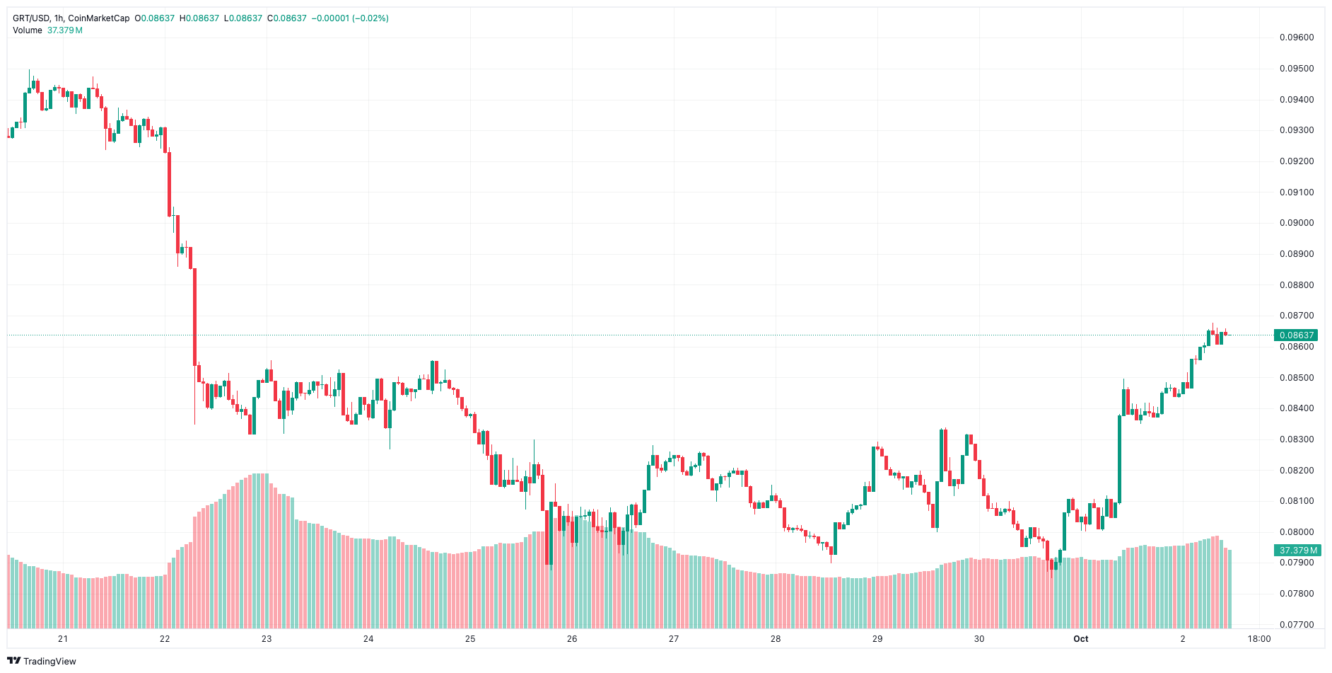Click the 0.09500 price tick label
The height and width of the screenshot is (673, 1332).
click(x=1296, y=69)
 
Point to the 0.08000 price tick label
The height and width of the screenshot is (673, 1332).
click(x=1296, y=532)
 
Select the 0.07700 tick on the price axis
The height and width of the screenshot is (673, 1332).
click(x=1296, y=625)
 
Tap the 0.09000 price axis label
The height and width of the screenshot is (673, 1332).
click(x=1296, y=223)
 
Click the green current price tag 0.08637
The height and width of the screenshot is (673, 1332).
click(x=1296, y=335)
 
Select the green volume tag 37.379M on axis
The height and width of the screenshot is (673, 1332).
click(x=1298, y=550)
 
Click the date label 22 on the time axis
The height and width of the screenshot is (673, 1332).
click(x=165, y=639)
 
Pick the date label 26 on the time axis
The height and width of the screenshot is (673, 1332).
click(x=572, y=639)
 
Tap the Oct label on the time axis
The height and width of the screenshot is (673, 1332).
click(x=1080, y=639)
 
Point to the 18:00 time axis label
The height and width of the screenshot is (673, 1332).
click(x=1258, y=639)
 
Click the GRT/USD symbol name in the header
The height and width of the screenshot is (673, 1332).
click(x=30, y=18)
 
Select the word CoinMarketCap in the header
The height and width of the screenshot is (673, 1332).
click(x=99, y=18)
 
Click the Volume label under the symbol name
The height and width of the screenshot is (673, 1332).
click(x=28, y=30)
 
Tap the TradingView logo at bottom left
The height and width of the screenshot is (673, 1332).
click(x=42, y=661)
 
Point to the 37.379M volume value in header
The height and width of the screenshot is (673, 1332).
click(x=65, y=30)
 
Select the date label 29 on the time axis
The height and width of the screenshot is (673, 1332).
click(x=877, y=639)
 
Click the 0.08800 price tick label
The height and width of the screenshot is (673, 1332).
click(x=1296, y=285)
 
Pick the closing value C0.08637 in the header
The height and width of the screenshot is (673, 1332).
click(x=287, y=18)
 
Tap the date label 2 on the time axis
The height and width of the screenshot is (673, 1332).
click(x=1182, y=639)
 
